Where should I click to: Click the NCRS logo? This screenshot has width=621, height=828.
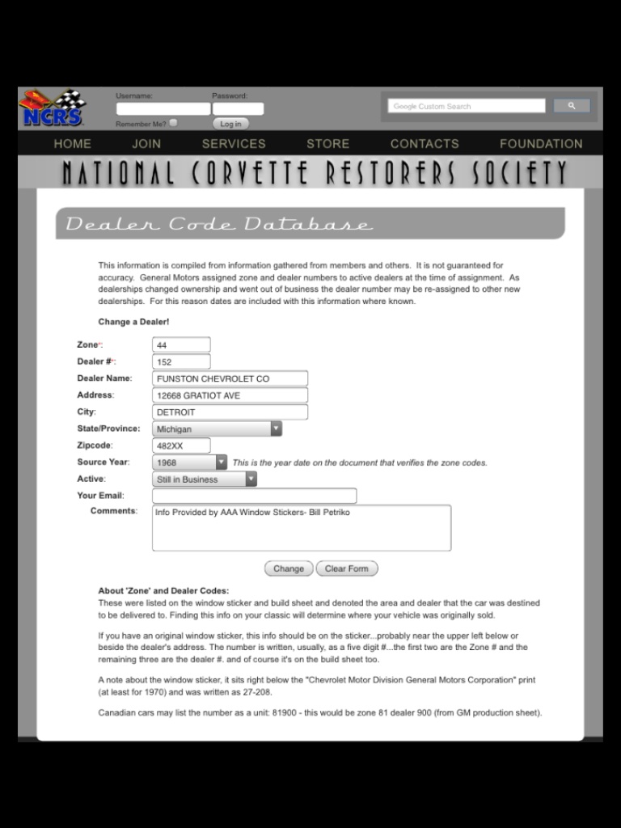(x=53, y=108)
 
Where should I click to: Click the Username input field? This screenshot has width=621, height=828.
(x=163, y=109)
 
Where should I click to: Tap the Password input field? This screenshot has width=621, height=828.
(x=238, y=109)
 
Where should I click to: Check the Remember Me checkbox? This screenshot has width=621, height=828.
(x=174, y=124)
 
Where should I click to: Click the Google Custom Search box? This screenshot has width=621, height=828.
(x=467, y=106)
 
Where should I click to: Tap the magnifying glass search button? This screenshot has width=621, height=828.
(x=572, y=106)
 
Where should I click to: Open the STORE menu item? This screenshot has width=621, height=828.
(x=327, y=144)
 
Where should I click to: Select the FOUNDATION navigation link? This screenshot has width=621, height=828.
(x=541, y=144)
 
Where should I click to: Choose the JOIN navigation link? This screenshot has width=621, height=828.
(x=146, y=144)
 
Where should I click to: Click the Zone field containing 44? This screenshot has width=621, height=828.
(x=181, y=345)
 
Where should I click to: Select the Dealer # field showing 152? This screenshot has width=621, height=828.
(x=181, y=362)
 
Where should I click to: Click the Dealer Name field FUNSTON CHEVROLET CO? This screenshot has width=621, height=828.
(x=230, y=378)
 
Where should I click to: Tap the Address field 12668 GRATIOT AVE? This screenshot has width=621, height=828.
(x=230, y=395)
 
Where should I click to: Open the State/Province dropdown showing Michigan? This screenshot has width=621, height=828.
(x=217, y=429)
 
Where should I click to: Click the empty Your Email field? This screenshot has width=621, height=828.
(x=254, y=496)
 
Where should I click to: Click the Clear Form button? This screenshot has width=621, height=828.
(x=346, y=568)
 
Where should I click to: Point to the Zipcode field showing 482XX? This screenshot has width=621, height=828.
(x=181, y=446)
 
